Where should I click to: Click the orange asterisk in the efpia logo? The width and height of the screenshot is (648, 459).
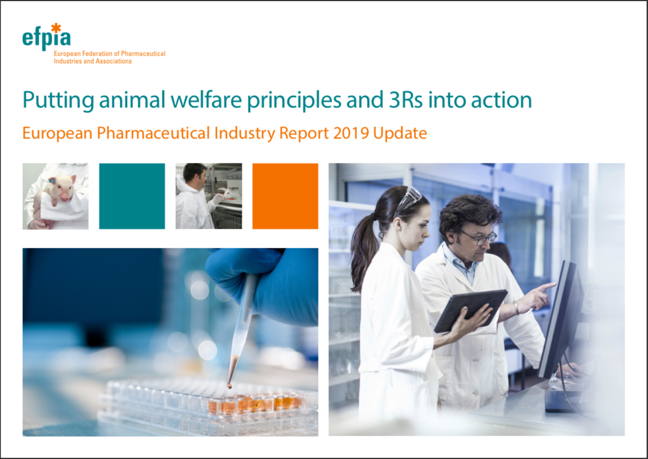(x=56, y=28)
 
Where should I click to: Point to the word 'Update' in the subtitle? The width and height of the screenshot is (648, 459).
(x=400, y=133)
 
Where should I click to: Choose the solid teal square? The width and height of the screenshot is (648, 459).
(x=132, y=196)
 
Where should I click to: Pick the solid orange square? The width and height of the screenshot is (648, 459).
(x=285, y=196)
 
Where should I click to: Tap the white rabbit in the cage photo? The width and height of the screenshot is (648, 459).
(x=231, y=193)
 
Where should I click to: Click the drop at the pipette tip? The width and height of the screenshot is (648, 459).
(x=229, y=386)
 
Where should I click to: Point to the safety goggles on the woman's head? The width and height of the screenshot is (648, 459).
(x=409, y=199)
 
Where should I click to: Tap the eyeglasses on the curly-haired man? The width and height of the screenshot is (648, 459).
(x=481, y=237)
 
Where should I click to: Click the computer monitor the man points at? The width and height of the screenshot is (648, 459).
(x=561, y=318)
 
